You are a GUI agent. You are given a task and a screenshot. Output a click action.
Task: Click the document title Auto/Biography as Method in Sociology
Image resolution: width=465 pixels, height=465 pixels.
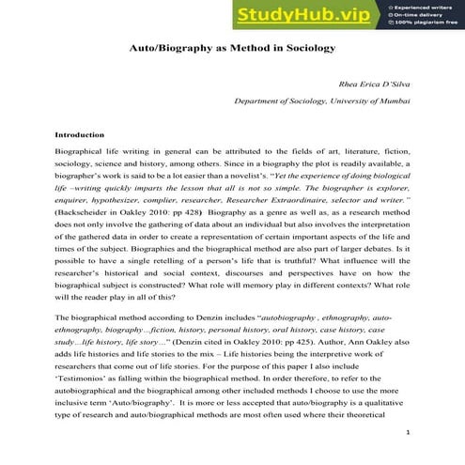(x=232, y=47)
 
